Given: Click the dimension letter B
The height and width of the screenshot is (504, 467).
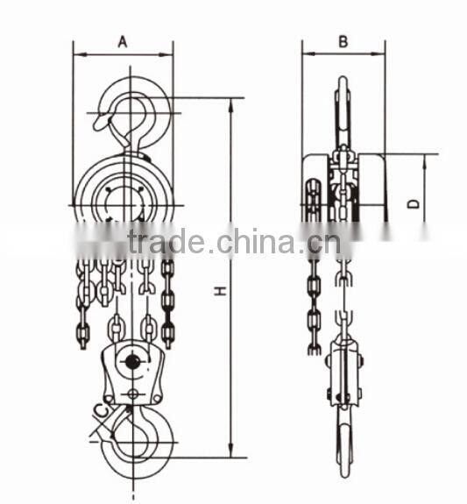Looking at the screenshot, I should pyautogui.click(x=343, y=40).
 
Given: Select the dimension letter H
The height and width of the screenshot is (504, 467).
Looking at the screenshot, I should pyautogui.click(x=218, y=287).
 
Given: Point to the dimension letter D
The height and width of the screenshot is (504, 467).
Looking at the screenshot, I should pyautogui.click(x=414, y=204).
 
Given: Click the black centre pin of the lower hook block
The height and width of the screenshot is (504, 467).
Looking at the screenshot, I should pyautogui.click(x=132, y=361).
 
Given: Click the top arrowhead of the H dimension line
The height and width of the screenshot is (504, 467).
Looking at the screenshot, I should pyautogui.click(x=231, y=102).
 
